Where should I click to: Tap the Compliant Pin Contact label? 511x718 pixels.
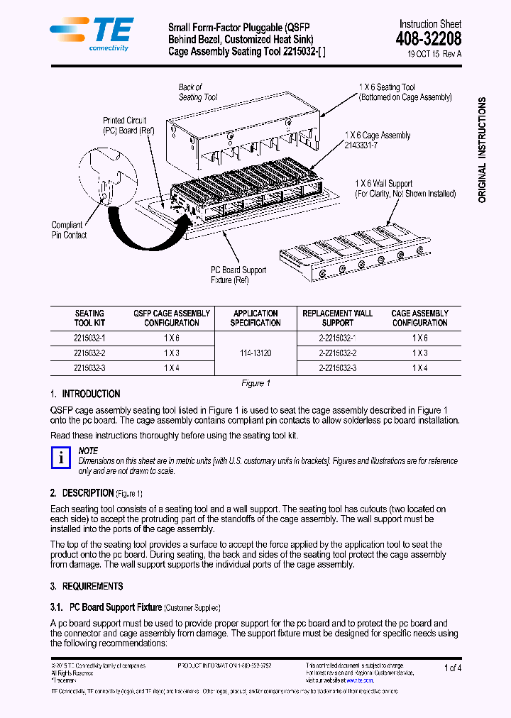(x=69, y=230)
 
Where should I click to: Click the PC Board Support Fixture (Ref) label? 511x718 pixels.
(x=238, y=275)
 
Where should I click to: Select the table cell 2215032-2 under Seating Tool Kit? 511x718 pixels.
(x=89, y=353)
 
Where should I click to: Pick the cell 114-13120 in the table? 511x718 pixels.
(x=255, y=353)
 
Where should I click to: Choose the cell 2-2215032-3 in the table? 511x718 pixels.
(x=337, y=368)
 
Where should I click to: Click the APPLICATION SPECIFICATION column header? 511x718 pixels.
(x=255, y=318)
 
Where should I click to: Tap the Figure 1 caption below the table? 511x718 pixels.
(x=255, y=383)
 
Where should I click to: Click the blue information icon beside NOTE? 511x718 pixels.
(x=62, y=458)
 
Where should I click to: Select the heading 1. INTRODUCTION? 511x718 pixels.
(x=85, y=394)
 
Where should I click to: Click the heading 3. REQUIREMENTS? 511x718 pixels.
(x=87, y=586)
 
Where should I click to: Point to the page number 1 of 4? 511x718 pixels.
(x=452, y=668)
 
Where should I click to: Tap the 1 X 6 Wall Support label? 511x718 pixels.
(x=405, y=188)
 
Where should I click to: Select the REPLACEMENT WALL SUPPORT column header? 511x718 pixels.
(x=337, y=318)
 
